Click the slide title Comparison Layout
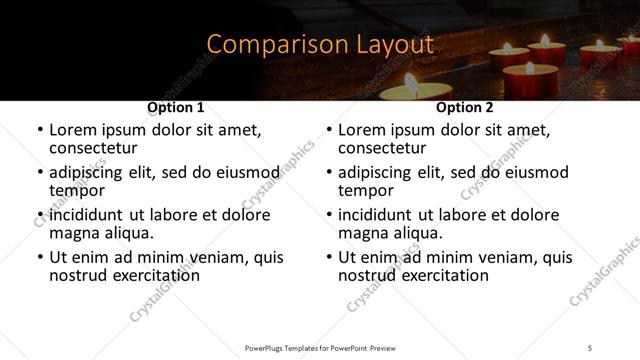coord(320,44)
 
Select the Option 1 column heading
coord(176,107)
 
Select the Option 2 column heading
coord(465,107)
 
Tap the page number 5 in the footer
coord(589,347)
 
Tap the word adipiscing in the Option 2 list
coord(380,172)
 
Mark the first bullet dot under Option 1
coord(39,130)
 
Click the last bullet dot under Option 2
coord(328,257)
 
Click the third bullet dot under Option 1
coord(39,215)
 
